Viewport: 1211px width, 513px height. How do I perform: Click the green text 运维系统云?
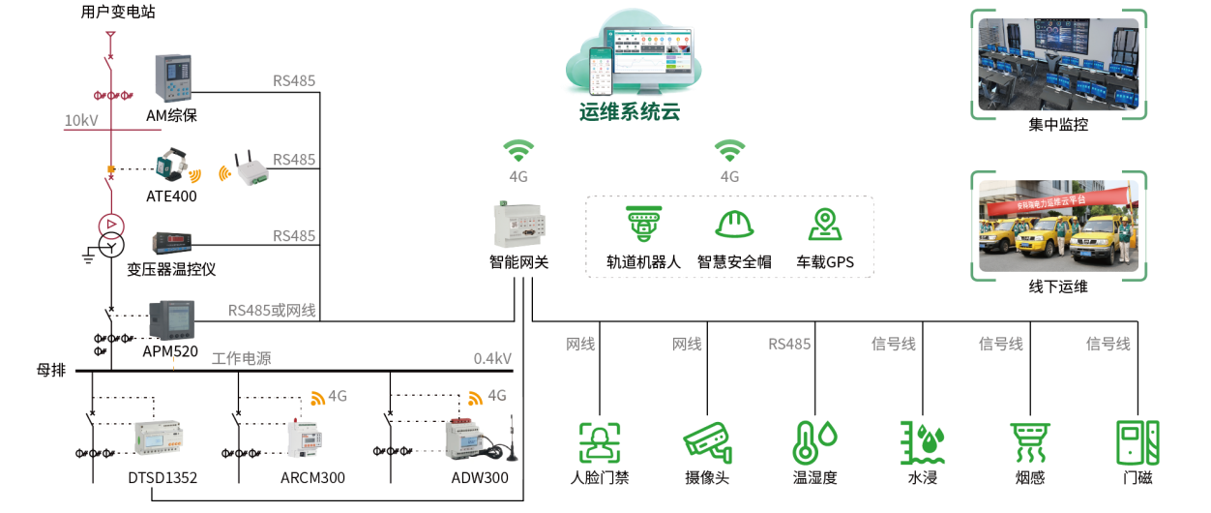click(630, 111)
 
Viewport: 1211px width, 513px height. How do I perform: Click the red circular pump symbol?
click(111, 226)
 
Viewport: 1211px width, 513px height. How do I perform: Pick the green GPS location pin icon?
click(824, 225)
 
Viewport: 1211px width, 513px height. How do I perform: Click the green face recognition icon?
click(599, 442)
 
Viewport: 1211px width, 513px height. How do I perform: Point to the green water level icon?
click(921, 442)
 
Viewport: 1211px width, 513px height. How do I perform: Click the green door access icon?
click(1137, 442)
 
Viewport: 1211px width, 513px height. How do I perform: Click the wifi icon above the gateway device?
click(518, 151)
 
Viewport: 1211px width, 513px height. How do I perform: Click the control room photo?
click(1058, 64)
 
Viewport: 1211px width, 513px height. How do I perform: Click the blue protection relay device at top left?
click(175, 76)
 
